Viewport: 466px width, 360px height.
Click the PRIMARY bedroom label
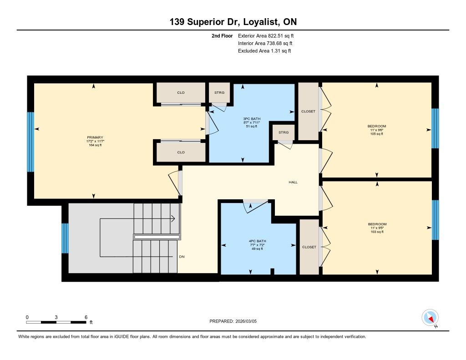click(95, 137)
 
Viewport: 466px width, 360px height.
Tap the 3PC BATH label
click(252, 119)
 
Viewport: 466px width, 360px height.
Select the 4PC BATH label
click(258, 241)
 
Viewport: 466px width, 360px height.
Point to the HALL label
click(293, 182)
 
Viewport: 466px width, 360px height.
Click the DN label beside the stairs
click(182, 257)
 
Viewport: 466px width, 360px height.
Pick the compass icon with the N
click(430, 318)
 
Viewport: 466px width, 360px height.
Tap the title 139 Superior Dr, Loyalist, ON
click(233, 22)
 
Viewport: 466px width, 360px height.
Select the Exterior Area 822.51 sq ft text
click(266, 35)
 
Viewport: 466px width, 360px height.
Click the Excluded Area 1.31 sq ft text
click(264, 51)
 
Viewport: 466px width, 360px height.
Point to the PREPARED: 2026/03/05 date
click(233, 321)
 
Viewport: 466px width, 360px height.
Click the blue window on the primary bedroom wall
click(30, 142)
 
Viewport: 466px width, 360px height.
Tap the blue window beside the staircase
click(65, 238)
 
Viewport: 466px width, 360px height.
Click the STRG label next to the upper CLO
click(219, 92)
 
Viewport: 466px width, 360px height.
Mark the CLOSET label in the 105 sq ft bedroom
click(308, 111)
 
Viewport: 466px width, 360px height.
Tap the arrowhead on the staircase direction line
click(172, 219)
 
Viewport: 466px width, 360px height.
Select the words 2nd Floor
click(222, 35)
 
